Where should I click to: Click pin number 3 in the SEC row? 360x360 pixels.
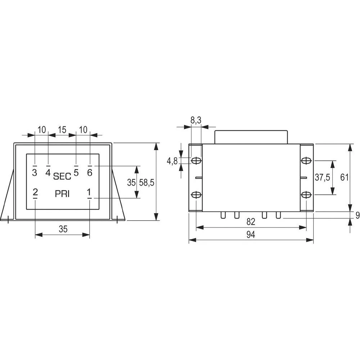click(x=35, y=173)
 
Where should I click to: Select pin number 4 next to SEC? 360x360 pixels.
click(x=48, y=173)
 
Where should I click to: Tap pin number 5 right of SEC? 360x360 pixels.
click(x=76, y=173)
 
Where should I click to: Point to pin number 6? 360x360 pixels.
click(x=90, y=173)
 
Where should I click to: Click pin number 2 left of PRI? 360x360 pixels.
click(x=35, y=193)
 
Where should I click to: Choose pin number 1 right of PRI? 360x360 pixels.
click(x=89, y=193)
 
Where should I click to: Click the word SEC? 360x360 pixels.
click(x=62, y=176)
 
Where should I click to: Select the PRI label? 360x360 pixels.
click(x=62, y=194)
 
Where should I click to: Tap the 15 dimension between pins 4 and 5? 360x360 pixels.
click(x=62, y=130)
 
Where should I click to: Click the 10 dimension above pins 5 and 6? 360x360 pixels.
click(x=83, y=130)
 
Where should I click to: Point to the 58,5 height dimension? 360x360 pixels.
click(x=147, y=183)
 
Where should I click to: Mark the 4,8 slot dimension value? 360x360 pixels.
click(x=172, y=161)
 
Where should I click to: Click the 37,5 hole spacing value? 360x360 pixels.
click(x=323, y=177)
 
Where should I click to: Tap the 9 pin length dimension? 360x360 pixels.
click(x=357, y=215)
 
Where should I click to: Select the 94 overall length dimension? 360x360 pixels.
click(x=251, y=235)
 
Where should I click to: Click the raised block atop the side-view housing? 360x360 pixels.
click(x=252, y=137)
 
